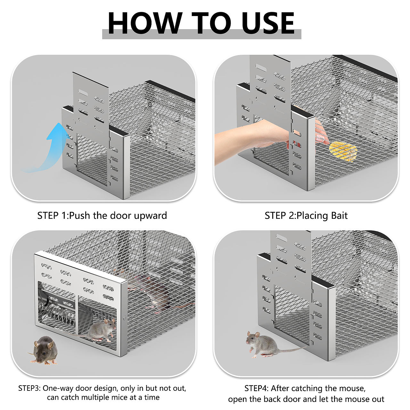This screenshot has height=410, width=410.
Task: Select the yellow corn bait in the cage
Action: [x=343, y=151]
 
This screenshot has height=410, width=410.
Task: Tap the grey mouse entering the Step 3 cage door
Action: [x=100, y=331]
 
